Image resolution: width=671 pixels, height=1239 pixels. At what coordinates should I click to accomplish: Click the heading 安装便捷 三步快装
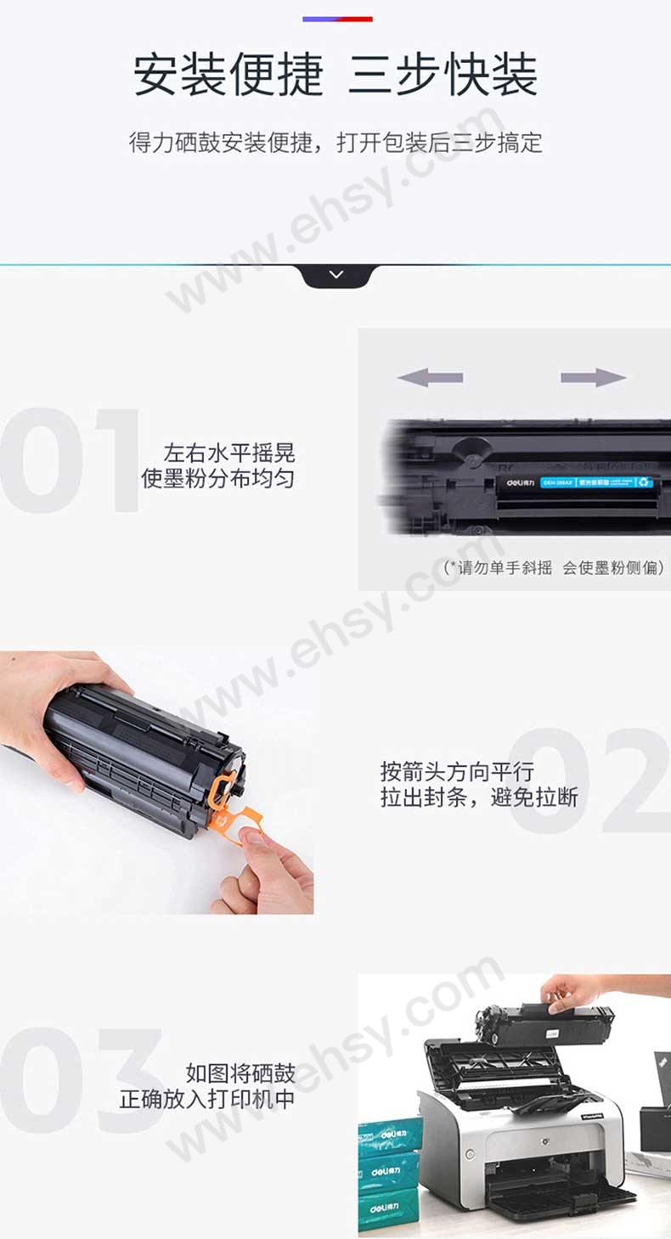coord(335,75)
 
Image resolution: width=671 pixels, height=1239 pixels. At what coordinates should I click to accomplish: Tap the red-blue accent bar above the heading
coord(337,19)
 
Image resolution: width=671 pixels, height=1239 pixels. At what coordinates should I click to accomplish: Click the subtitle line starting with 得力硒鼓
coord(335,142)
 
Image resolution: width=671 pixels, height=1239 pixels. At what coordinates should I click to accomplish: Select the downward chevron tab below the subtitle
coord(336,275)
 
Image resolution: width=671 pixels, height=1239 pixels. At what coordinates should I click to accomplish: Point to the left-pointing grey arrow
coord(430,378)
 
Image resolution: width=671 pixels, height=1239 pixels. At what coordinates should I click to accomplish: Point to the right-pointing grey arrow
coord(593,378)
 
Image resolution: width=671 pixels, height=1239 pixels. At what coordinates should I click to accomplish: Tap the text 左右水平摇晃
coord(229,453)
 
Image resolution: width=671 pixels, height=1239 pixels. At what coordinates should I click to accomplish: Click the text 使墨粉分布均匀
coord(217,479)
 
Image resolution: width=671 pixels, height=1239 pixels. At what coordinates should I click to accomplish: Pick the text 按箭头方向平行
coord(457,772)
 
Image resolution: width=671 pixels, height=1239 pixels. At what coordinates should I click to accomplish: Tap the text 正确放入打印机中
coord(207,1099)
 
